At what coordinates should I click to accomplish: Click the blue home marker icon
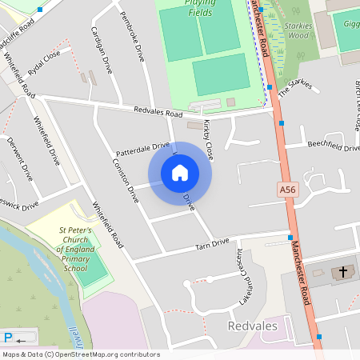pyautogui.click(x=180, y=173)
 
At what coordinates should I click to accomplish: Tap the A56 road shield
pyautogui.click(x=288, y=190)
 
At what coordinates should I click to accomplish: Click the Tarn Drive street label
pyautogui.click(x=212, y=243)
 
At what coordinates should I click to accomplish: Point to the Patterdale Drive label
pyautogui.click(x=143, y=149)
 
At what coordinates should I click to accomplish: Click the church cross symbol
pyautogui.click(x=344, y=272)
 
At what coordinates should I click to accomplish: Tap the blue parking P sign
pyautogui.click(x=9, y=338)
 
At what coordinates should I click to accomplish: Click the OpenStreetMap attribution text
pyautogui.click(x=80, y=354)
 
